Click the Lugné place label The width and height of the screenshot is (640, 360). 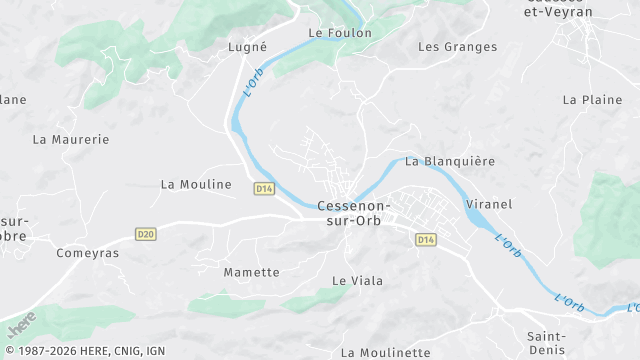pos(247,47)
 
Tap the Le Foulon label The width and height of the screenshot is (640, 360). pos(340,33)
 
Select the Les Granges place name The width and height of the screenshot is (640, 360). pos(457,47)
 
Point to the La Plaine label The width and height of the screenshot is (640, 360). pos(592,100)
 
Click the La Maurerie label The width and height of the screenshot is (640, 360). pos(71,140)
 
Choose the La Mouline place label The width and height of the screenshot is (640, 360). pos(196,184)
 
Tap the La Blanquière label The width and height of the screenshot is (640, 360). pos(450,161)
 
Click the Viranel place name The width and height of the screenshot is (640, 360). pos(489,204)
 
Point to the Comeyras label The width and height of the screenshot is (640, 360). pos(88,253)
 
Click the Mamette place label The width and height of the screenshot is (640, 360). pos(251,272)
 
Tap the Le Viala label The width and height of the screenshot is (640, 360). pos(357,281)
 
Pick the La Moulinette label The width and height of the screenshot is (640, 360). pos(385,352)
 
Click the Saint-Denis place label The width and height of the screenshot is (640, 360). pos(547,342)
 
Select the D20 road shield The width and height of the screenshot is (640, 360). pos(146,234)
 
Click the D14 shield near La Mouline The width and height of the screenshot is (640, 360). pos(264,188)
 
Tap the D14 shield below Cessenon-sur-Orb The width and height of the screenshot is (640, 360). pos(426,239)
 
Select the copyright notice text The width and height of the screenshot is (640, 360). pos(85,351)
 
